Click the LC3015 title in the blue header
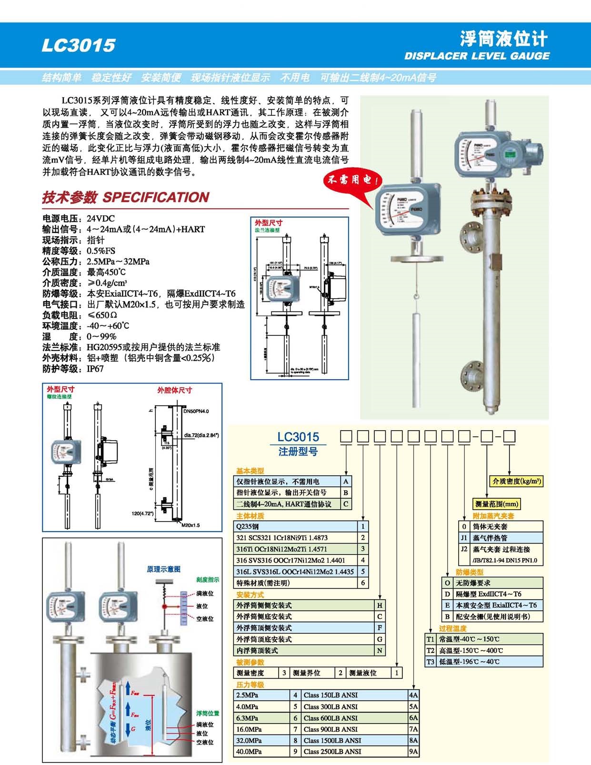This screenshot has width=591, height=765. (79, 45)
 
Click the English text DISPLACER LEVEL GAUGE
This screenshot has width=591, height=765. (477, 56)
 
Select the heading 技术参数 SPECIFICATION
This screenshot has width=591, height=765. (126, 197)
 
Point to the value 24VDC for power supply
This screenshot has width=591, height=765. (100, 219)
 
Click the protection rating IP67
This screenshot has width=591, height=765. (95, 369)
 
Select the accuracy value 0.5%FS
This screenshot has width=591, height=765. (101, 251)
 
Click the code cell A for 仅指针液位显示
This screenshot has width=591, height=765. (346, 482)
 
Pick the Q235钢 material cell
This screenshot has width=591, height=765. (248, 526)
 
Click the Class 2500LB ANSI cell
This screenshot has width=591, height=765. (332, 752)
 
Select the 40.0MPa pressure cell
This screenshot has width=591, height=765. (248, 752)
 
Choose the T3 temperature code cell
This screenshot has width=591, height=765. (431, 662)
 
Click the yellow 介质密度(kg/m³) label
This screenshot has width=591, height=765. (517, 481)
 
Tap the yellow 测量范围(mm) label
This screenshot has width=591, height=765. (497, 504)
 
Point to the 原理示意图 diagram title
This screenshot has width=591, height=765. (163, 569)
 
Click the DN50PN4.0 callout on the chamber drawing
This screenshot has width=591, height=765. (196, 411)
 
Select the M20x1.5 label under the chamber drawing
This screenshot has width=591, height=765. (190, 525)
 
